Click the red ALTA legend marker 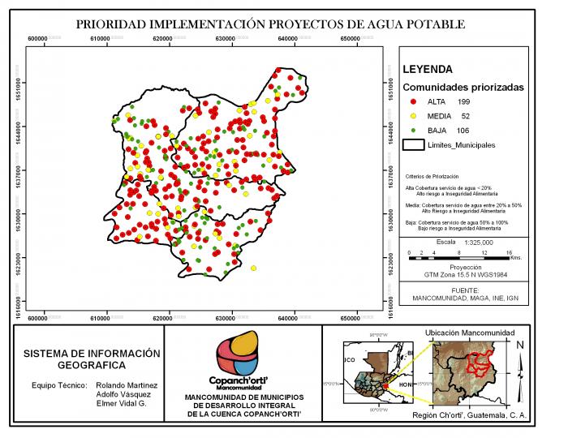[413, 101]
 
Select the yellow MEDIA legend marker [413, 116]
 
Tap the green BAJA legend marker [413, 131]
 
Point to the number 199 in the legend [464, 101]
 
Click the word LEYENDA [428, 70]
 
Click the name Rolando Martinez [126, 384]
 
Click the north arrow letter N [520, 345]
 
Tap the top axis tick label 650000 [350, 38]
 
